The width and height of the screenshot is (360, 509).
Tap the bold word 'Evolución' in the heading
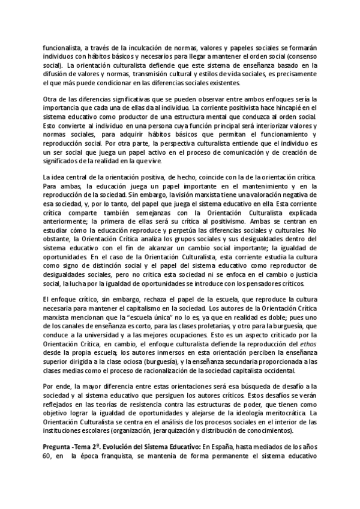118,447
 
